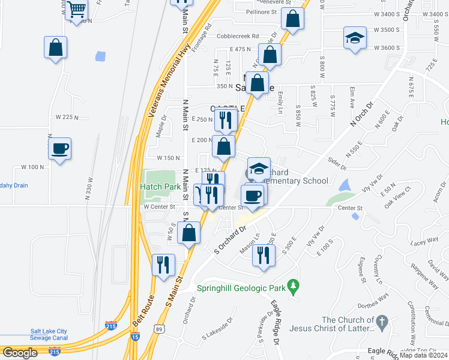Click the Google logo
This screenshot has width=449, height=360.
(20, 353)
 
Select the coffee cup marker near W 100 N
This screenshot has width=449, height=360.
(60, 148)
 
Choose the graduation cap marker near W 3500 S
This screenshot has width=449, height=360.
(355, 38)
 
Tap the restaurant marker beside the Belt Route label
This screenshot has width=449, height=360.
(163, 265)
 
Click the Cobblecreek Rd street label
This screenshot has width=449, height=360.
(238, 36)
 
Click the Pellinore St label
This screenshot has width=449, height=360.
(257, 11)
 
